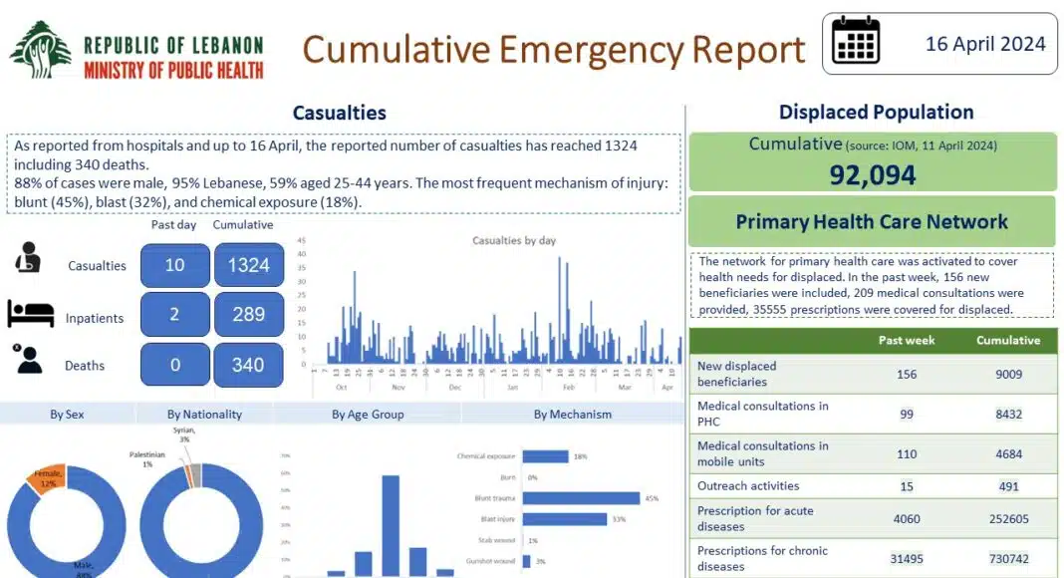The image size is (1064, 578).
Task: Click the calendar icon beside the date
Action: pos(856,41)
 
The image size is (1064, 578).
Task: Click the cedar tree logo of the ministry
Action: pos(40,50)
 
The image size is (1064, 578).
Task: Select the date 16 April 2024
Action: pos(984,44)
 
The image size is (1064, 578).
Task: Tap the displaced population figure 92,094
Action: pos(872,174)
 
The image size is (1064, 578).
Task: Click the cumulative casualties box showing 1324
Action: pos(248,265)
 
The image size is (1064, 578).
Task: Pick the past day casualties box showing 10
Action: pos(175,265)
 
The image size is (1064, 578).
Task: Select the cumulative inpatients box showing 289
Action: pos(248,315)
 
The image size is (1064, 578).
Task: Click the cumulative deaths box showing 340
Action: pos(248,365)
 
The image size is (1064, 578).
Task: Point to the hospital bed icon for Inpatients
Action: pos(30,314)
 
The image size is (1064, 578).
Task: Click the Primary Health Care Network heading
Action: pos(872,221)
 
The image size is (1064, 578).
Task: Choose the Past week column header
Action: pos(906,341)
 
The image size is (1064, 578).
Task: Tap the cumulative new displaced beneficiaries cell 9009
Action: pos(1007,375)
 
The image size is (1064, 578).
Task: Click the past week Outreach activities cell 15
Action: pos(906,486)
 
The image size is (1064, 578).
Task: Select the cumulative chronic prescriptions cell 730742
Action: pos(1007,558)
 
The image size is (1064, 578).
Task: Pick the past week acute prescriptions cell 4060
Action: pos(906,518)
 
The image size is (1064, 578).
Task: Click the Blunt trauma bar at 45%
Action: pos(581,498)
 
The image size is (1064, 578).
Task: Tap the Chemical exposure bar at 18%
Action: pos(545,456)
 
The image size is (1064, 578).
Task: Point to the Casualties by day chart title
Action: pos(513,241)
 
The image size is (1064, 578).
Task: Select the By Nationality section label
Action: pos(203,414)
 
